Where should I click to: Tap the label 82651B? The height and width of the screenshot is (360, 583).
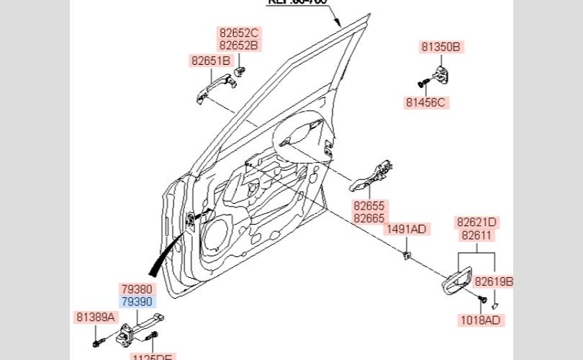(x=211, y=60)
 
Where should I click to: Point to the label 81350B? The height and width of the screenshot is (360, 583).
(x=440, y=48)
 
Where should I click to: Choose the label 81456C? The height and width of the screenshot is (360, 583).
(x=426, y=102)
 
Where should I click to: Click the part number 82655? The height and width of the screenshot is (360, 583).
(x=369, y=205)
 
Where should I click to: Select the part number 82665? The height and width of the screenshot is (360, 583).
(x=369, y=217)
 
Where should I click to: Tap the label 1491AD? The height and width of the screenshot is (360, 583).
(x=407, y=230)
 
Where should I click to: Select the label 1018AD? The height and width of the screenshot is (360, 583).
(x=480, y=320)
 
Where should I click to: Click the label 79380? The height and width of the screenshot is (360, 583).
(x=137, y=289)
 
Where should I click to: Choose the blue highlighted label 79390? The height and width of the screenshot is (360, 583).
(x=137, y=302)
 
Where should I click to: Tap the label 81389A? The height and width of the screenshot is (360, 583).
(x=96, y=317)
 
